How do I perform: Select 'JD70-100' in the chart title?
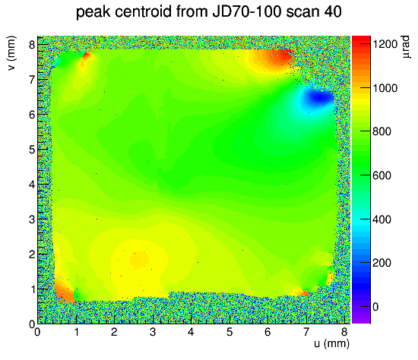246,11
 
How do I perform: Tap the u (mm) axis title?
331,344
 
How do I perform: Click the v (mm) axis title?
11,53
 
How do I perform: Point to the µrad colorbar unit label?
405,47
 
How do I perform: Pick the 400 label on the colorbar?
382,219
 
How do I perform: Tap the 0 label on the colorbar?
375,307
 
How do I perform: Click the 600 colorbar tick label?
382,175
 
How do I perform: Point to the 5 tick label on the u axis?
230,332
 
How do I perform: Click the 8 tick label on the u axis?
344,332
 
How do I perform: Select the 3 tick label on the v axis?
32,219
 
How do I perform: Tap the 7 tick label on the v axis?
32,80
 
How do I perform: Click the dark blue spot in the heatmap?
319,99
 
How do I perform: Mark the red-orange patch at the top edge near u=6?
276,57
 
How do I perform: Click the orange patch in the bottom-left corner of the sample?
64,292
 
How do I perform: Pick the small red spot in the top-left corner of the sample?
87,55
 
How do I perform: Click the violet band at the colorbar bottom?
361,317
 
